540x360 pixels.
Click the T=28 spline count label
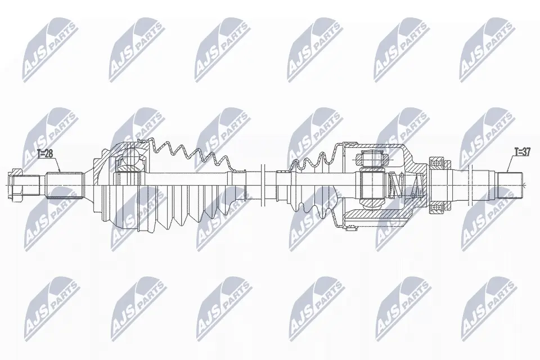tap(45, 154)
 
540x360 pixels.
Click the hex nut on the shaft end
tap(16, 185)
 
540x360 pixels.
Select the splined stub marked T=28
tap(65, 185)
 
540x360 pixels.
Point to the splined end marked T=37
tap(511, 185)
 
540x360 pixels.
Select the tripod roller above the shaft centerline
tap(371, 160)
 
